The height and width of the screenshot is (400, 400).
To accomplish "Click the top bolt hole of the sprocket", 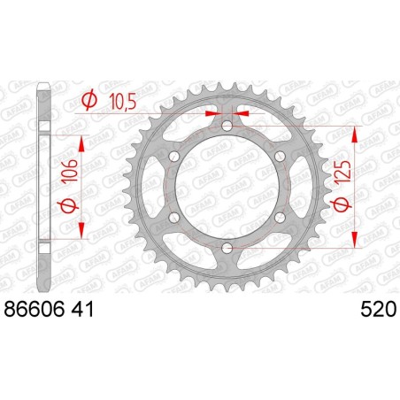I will [x=227, y=127].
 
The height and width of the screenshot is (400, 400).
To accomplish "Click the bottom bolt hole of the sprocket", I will [x=227, y=250].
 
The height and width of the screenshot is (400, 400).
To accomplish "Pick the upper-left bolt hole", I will [x=174, y=158].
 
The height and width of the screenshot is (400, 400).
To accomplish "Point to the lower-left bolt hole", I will [x=174, y=219].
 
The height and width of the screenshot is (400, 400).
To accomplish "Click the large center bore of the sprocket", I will [x=227, y=188].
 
